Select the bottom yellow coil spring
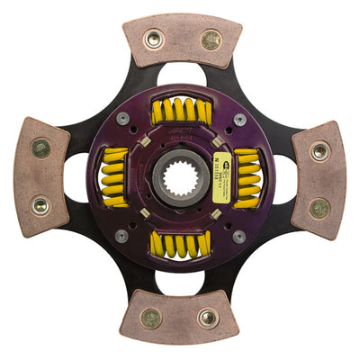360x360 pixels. pos(180,244)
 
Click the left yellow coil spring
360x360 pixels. pos(114,177)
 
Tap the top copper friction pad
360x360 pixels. pos(182,40)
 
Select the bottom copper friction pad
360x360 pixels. pos(181,316)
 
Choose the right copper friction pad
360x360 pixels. pos(319,179)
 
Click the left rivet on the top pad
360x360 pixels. pos(153,39)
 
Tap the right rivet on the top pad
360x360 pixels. pos(211,40)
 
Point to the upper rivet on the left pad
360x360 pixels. pos(40,148)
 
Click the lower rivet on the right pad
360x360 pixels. pos(319,208)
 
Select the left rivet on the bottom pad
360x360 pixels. pos(151,317)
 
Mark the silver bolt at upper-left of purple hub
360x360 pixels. pos(122,119)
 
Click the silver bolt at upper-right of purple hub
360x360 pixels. pos(238,119)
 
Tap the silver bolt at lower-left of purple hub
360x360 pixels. pos(121,236)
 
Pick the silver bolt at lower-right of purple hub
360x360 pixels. pos(238,237)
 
